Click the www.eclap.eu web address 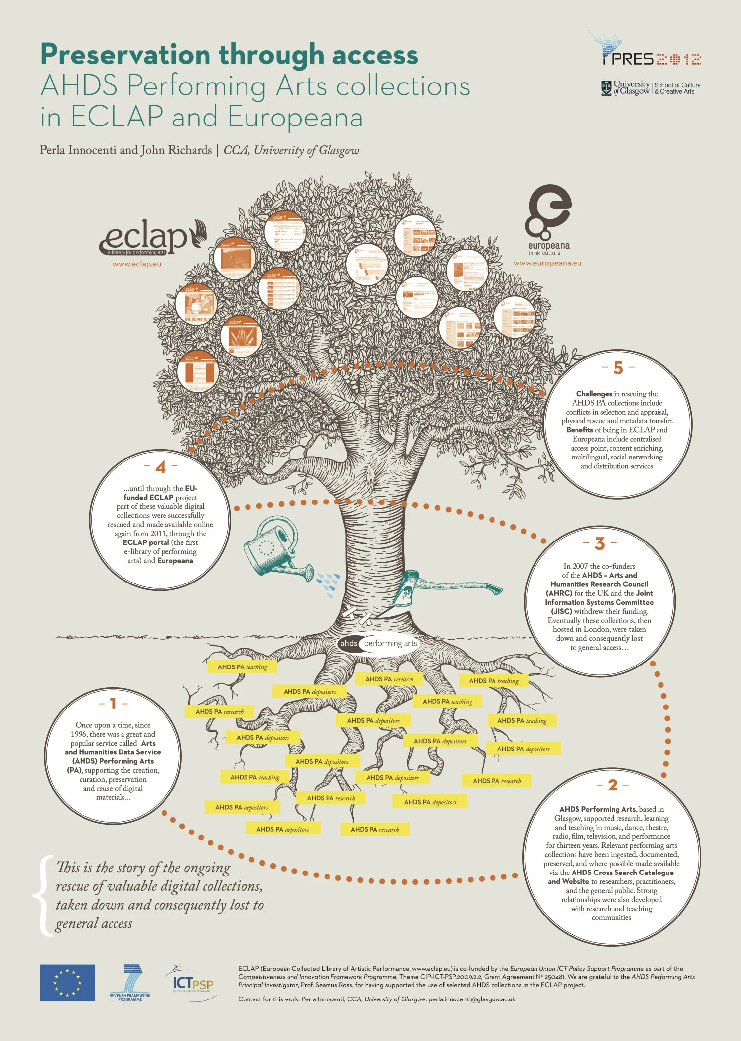[x=137, y=264]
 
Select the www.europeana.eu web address [x=547, y=263]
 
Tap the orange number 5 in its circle [x=618, y=368]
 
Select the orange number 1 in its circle [x=113, y=703]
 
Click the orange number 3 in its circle [x=600, y=543]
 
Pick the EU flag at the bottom [x=67, y=983]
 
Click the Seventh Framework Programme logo [x=130, y=982]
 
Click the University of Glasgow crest [x=606, y=88]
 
